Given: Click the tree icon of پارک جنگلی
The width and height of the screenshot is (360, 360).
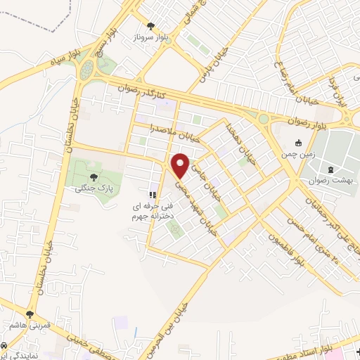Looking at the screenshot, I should tap(94, 178).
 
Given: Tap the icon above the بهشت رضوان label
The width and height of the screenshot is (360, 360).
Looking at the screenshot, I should tap(330, 169).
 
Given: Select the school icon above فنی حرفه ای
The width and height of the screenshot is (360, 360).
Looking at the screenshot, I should tap(150, 195).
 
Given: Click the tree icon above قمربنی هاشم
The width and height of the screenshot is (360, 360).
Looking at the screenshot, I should tap(30, 314).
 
